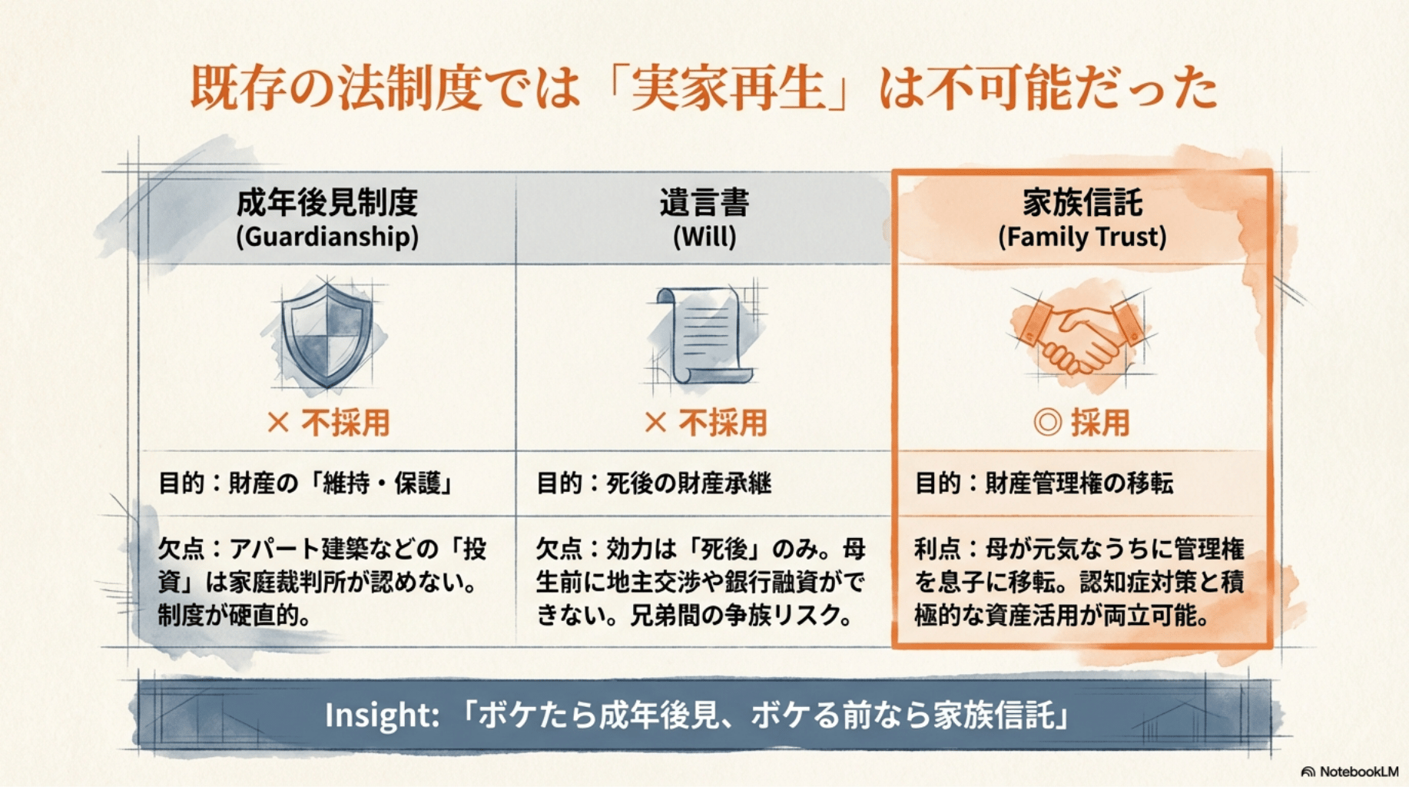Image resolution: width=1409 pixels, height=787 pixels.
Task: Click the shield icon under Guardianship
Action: (x=327, y=334)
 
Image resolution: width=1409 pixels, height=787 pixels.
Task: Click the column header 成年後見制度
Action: (x=327, y=203)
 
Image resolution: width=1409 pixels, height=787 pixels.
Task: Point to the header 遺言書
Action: (x=704, y=203)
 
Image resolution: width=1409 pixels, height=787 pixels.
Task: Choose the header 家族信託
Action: (x=1082, y=203)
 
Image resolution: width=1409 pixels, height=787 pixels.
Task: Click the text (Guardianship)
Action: (x=327, y=237)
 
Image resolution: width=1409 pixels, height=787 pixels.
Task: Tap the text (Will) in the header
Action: (x=704, y=237)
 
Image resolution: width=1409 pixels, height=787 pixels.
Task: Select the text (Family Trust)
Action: (x=1082, y=237)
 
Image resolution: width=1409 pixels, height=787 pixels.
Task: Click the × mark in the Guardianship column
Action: (x=277, y=423)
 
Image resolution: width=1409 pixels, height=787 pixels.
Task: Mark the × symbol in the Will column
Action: (x=655, y=423)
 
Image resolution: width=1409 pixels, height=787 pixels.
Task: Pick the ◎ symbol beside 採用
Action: (x=1048, y=423)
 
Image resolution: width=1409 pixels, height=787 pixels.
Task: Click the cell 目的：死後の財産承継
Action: (x=654, y=483)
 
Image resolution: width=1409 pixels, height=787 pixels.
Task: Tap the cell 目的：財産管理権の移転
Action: (x=1044, y=483)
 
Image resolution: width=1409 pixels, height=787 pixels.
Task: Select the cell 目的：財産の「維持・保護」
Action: (x=306, y=483)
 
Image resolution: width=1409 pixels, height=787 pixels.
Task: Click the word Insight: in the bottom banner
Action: (x=382, y=715)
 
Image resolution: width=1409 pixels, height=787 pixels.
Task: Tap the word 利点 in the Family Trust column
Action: (x=937, y=549)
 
